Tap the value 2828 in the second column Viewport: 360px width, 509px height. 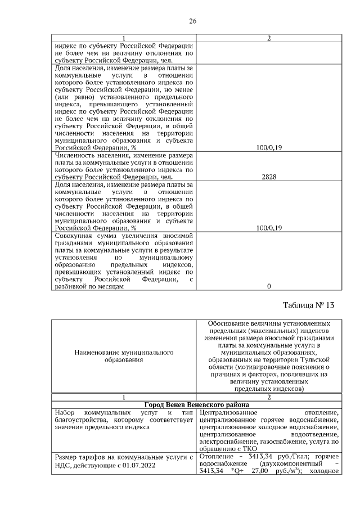(x=268, y=177)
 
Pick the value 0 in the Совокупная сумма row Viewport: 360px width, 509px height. (x=268, y=286)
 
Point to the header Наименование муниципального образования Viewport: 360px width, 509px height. (x=124, y=355)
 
